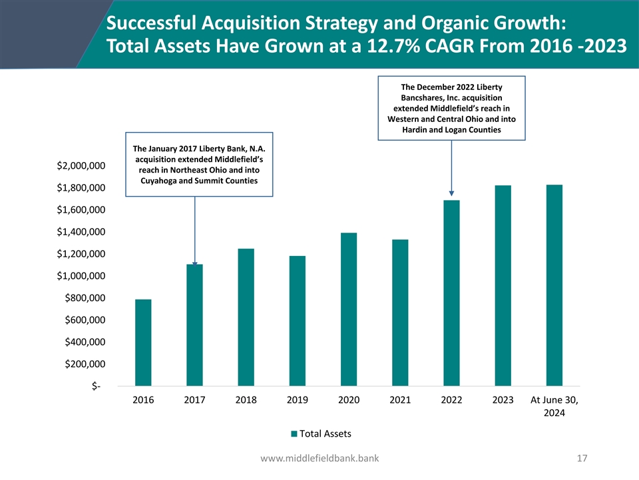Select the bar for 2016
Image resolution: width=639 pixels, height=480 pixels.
tap(143, 343)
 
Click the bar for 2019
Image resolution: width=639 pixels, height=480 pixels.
tap(298, 321)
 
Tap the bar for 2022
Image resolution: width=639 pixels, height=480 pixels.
tap(451, 293)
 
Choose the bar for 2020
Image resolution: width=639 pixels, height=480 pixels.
tap(349, 309)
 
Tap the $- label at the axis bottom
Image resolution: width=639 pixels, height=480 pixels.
tap(97, 387)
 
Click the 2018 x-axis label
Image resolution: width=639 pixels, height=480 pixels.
tap(246, 401)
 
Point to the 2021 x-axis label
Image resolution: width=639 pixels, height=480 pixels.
tap(400, 401)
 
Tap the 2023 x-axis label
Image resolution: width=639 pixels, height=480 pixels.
tap(503, 401)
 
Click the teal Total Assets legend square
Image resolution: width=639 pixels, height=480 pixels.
tap(294, 434)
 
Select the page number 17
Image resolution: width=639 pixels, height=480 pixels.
tap(583, 458)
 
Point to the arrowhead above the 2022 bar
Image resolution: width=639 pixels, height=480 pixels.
tap(451, 193)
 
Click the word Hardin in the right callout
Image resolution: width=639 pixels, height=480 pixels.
tap(416, 129)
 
